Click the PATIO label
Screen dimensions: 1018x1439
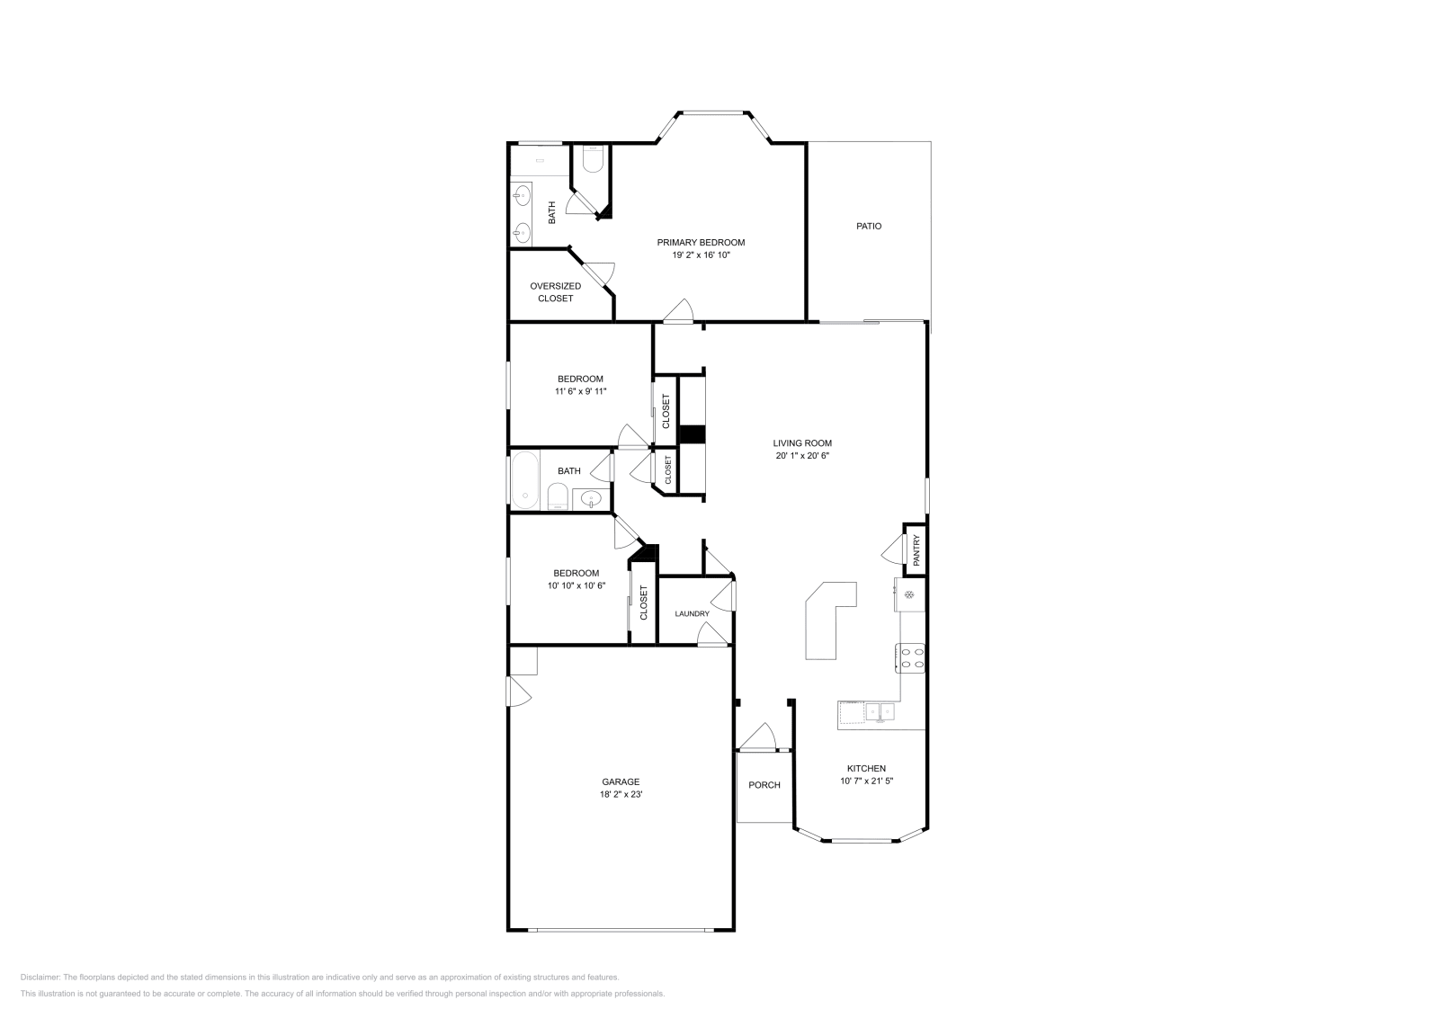click(868, 227)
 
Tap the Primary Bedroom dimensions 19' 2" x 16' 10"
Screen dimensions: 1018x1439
click(701, 255)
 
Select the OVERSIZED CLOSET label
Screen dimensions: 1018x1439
click(555, 292)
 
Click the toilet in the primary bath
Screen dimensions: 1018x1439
click(592, 160)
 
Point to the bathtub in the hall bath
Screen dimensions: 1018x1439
click(524, 480)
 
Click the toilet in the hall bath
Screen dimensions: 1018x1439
click(558, 496)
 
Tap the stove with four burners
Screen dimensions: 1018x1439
click(912, 658)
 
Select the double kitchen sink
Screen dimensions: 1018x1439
click(879, 712)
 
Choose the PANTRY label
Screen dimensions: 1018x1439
click(916, 549)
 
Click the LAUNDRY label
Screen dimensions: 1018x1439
click(693, 614)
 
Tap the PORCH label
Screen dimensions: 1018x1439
click(764, 785)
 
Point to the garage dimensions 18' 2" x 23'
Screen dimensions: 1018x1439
click(621, 795)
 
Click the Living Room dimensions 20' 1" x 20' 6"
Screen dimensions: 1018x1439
click(802, 456)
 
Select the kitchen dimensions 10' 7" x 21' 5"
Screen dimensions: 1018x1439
click(866, 781)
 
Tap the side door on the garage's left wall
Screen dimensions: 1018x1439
click(518, 692)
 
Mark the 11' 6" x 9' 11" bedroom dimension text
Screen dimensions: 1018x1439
click(580, 391)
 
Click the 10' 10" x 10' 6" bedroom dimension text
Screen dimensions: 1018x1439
click(576, 585)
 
